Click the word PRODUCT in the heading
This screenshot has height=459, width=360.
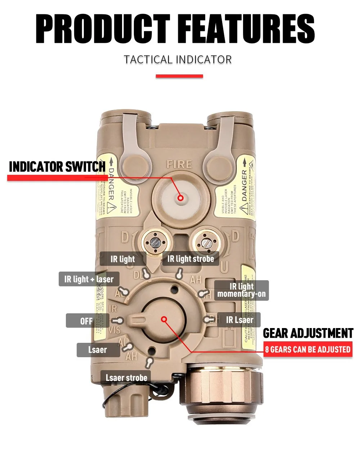click(x=102, y=29)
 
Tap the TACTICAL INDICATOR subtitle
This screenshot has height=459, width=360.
click(x=178, y=59)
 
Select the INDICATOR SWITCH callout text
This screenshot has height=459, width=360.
click(x=57, y=167)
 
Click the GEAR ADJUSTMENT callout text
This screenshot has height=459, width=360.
click(x=308, y=333)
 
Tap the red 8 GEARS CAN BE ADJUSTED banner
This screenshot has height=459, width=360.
click(x=307, y=349)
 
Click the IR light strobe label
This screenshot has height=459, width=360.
click(x=190, y=259)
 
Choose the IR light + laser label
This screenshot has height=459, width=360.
click(x=89, y=279)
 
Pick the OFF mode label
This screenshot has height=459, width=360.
click(x=86, y=321)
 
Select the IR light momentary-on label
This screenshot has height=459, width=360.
click(x=242, y=290)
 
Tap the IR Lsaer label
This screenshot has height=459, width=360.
click(x=239, y=320)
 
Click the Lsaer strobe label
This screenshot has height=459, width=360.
click(x=126, y=378)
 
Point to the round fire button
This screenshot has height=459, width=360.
click(x=180, y=197)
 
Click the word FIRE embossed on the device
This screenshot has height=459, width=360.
click(x=179, y=165)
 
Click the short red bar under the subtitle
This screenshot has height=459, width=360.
click(x=179, y=76)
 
